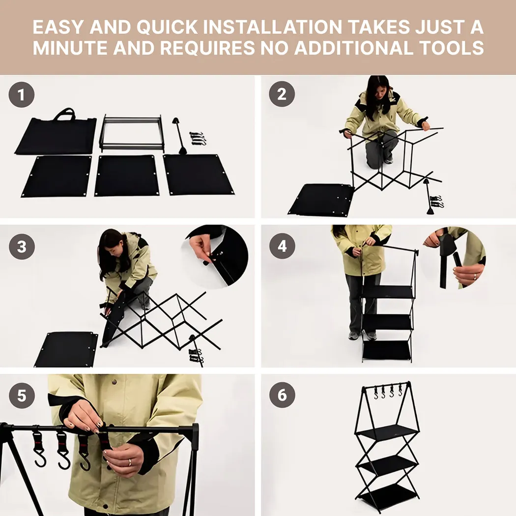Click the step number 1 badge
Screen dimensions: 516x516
[x=22, y=94]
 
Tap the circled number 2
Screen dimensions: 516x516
[x=282, y=94]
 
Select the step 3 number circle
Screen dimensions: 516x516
[x=22, y=247]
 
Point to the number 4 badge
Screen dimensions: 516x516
[x=282, y=247]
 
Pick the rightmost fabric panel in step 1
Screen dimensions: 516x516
[x=198, y=174]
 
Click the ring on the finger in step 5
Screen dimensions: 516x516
[x=130, y=462]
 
